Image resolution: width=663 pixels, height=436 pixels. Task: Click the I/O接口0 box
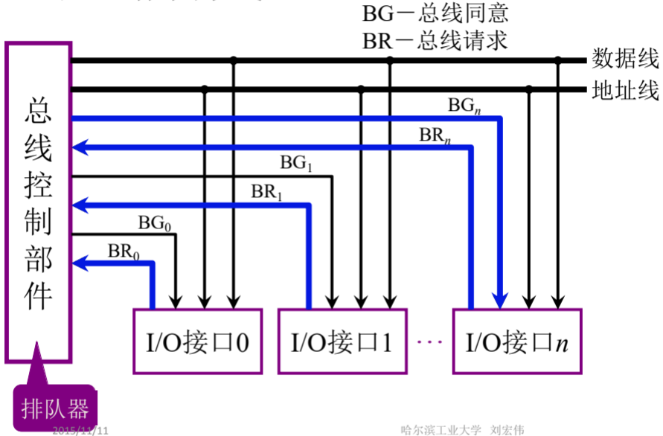point(197,342)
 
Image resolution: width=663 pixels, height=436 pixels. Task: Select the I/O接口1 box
point(342,342)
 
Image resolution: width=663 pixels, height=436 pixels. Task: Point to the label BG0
point(155,222)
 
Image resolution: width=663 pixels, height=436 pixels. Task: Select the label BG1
point(295,164)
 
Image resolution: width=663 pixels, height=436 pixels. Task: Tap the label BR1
point(266,191)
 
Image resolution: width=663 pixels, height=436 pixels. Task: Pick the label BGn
point(464,106)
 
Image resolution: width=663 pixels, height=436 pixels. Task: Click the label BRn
point(435,135)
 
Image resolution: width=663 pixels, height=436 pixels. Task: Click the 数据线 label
point(625,59)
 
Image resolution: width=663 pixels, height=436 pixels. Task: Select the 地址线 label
point(625,90)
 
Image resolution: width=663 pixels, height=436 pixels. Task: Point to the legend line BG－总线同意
point(435,13)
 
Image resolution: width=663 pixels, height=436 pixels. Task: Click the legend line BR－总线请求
point(435,40)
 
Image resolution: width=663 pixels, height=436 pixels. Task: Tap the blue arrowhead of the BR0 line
point(80,262)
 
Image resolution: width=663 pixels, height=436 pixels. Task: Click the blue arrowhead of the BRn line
point(80,147)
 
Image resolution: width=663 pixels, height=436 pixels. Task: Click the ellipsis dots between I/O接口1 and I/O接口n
point(430,342)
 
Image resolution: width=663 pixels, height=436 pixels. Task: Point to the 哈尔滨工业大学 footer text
point(441,430)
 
